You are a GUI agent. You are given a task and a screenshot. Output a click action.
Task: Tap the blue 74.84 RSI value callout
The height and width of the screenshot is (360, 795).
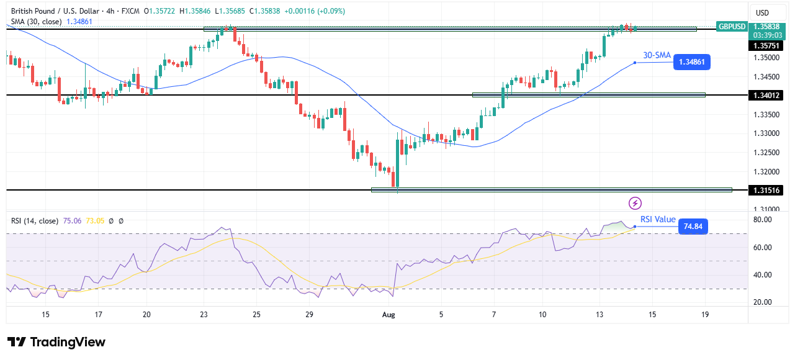[x=693, y=227]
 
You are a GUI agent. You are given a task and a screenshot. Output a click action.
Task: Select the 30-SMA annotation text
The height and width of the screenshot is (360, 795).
[x=656, y=55]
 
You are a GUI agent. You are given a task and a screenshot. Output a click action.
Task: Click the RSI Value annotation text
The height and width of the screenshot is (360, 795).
[x=658, y=220]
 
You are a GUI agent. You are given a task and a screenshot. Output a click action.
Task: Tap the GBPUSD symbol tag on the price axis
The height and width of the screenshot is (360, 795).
[x=731, y=27]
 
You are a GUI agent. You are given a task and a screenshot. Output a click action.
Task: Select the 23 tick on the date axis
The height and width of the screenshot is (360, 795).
[x=204, y=315]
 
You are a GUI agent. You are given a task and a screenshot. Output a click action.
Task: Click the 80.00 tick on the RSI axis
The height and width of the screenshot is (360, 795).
[x=762, y=220]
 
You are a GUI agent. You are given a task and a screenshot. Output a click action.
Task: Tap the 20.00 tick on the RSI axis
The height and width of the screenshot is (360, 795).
[x=762, y=302]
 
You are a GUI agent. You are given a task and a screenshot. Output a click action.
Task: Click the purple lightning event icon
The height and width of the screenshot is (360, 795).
[x=635, y=203]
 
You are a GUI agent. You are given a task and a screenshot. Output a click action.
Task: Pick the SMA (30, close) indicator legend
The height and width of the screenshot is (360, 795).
[x=36, y=21]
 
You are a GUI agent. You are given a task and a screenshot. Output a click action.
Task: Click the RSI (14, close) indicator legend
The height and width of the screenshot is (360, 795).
[x=35, y=220]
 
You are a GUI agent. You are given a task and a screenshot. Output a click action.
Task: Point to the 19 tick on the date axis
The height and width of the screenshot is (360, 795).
[x=704, y=315]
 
